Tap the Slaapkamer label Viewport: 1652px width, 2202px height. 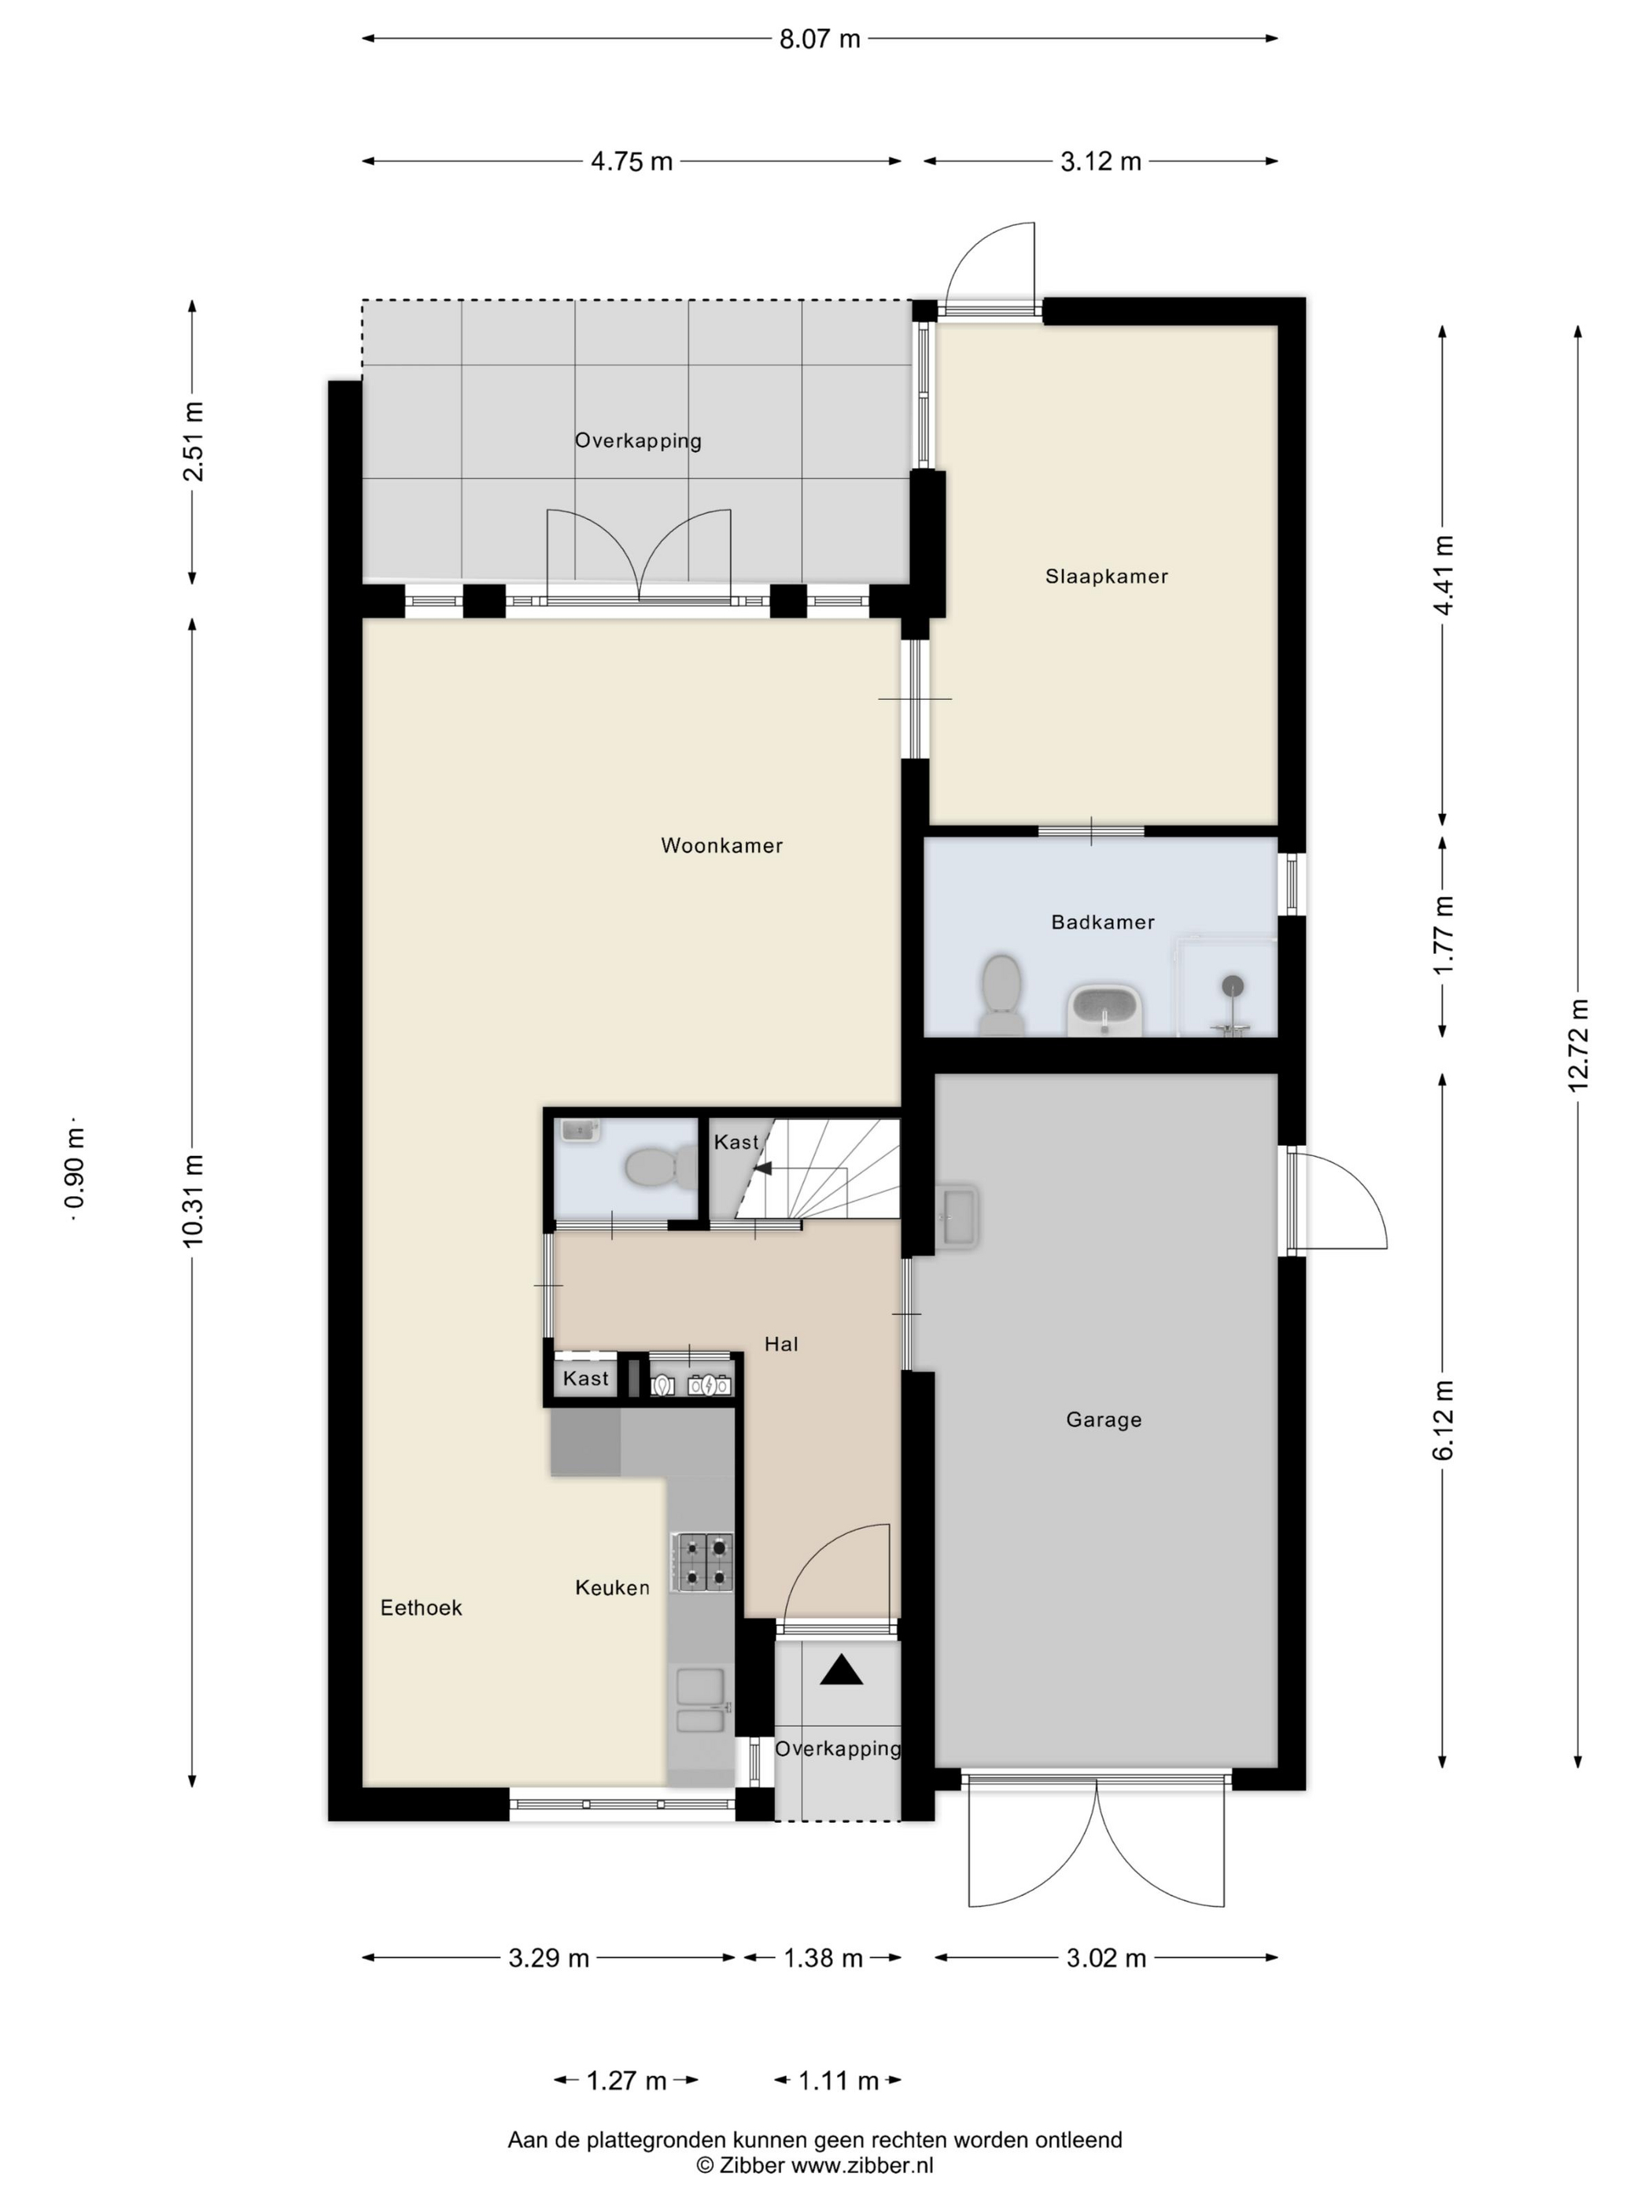1106,576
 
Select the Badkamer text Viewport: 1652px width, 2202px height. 1102,922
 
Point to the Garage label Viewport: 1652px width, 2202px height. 1104,1420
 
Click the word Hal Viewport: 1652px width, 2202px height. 780,1344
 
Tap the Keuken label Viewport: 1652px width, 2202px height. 612,1588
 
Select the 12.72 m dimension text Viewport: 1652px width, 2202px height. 1578,1044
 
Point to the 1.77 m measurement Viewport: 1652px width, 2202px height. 1443,935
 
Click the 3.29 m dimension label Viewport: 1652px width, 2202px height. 548,1958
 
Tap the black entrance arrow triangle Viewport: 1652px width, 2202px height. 842,1670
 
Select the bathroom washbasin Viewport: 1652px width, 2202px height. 1104,1011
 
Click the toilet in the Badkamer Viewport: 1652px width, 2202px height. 1001,996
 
